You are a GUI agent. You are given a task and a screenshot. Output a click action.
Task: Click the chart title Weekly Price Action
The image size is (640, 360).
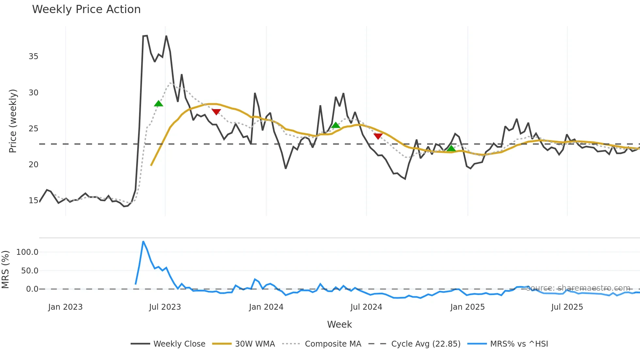(x=86, y=9)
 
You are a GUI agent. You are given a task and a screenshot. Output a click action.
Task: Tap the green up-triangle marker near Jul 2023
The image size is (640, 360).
(x=158, y=104)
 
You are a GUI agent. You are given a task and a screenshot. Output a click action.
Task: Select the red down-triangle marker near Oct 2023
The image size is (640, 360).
(x=216, y=112)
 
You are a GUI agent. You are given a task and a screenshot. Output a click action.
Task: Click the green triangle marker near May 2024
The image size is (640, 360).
(x=335, y=125)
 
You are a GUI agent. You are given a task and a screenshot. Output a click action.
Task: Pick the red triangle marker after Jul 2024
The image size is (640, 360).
(x=378, y=136)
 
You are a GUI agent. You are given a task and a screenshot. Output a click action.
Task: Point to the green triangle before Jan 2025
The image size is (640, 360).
(x=451, y=149)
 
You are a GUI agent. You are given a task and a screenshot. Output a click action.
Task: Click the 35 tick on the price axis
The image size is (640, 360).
(x=33, y=57)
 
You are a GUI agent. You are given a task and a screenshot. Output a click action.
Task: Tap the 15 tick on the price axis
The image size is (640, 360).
(x=33, y=201)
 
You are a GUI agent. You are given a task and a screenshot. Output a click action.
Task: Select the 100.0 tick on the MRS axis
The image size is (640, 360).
(x=27, y=252)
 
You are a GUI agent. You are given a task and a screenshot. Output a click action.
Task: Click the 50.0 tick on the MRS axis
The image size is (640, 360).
(x=30, y=271)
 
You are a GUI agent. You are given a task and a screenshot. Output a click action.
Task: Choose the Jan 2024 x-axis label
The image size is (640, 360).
(x=266, y=307)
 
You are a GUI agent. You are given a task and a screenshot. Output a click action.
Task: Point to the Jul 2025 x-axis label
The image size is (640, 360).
(x=567, y=307)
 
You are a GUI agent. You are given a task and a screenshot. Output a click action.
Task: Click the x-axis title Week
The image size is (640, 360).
(x=339, y=324)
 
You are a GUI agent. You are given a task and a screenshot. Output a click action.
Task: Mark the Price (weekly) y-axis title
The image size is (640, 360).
(x=12, y=121)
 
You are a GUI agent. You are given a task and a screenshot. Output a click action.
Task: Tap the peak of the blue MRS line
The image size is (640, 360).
(x=143, y=242)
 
